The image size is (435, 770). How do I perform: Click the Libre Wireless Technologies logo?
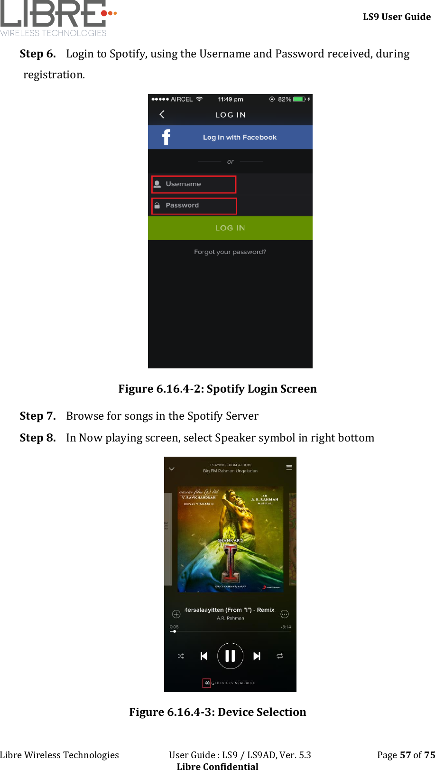[58, 18]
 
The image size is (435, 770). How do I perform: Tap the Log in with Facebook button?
[230, 137]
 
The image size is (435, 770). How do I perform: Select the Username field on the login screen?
[194, 184]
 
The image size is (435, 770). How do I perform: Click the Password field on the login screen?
[194, 206]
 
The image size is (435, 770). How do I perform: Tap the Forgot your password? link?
[230, 252]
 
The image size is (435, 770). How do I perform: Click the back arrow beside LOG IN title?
[162, 114]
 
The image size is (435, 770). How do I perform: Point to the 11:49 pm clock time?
[231, 99]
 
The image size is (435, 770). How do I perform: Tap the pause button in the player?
[230, 656]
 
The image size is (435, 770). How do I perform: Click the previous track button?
[204, 656]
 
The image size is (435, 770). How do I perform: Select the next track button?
[257, 656]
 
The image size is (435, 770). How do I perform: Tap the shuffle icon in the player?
[181, 656]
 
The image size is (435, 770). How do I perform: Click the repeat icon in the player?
[280, 656]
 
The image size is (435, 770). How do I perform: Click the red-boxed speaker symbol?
[207, 683]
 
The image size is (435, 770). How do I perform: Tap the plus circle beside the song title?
[176, 614]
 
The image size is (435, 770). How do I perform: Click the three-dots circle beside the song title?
[285, 614]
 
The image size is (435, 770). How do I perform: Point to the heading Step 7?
[37, 416]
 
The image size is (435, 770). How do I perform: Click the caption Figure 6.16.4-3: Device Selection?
[217, 712]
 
